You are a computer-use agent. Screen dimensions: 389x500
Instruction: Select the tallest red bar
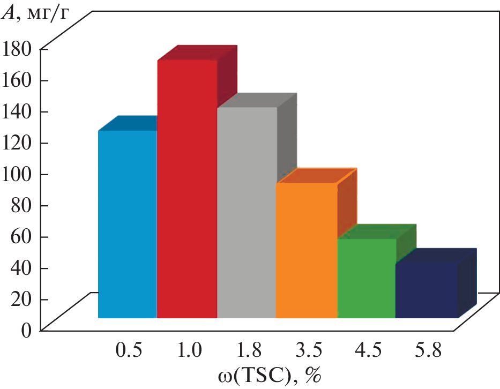point(187,188)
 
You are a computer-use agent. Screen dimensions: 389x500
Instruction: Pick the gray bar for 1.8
point(247,212)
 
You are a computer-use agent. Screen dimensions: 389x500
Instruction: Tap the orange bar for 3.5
point(307,250)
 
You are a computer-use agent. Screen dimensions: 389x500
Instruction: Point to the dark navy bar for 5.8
point(427,289)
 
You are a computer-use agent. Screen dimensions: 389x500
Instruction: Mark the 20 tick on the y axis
point(23,299)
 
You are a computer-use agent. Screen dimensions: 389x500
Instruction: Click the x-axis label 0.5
point(129,351)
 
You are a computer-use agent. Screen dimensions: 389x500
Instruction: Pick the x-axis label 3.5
point(309,351)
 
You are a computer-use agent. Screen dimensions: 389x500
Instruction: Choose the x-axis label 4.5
point(369,351)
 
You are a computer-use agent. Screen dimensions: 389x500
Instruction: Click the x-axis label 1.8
point(249,351)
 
